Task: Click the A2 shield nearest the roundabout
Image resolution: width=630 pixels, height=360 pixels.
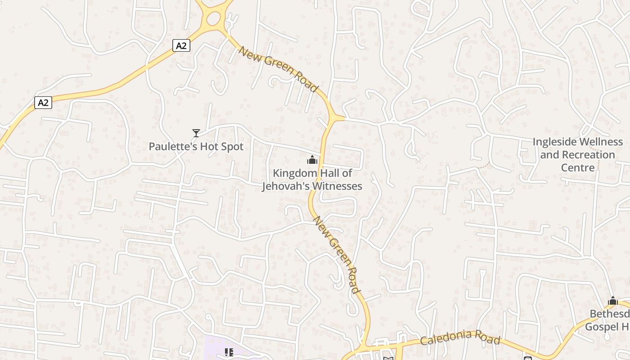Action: (181, 45)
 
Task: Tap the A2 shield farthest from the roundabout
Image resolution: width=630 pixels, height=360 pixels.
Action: (43, 103)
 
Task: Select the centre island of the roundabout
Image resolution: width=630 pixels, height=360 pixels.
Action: (213, 18)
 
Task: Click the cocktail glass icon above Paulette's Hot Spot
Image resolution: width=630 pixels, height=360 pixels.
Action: (196, 133)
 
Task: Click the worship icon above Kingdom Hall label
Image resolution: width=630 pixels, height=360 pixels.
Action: (312, 160)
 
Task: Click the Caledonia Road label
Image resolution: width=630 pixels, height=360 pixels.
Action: (460, 337)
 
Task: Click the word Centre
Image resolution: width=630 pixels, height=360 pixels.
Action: (578, 167)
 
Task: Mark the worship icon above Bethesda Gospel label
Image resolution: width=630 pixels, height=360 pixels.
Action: (612, 301)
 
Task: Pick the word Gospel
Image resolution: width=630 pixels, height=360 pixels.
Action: (601, 326)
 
